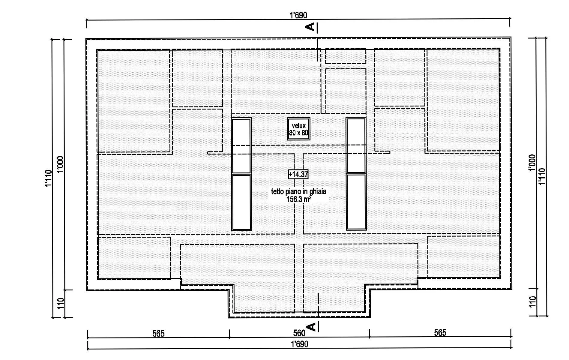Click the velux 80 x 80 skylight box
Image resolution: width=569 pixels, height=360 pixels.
point(298,129)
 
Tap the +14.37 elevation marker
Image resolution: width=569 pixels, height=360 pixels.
point(298,174)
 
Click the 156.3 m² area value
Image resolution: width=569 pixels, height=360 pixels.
point(298,199)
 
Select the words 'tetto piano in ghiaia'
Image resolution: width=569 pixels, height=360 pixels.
point(298,191)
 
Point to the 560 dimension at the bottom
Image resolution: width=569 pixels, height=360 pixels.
point(299,333)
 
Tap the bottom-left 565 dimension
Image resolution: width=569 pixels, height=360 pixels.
point(158,334)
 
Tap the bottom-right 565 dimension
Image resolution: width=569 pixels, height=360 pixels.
point(440,332)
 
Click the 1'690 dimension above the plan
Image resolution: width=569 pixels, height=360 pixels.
point(298,15)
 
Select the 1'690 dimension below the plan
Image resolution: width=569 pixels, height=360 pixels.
point(299,344)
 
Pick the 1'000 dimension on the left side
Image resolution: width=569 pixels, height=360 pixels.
point(59,164)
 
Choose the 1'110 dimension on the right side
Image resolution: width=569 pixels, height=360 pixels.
point(542,176)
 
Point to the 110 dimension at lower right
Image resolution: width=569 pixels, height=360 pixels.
point(533,302)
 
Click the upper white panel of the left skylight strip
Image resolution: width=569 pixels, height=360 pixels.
point(241,146)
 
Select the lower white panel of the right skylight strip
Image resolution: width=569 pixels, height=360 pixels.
point(356,202)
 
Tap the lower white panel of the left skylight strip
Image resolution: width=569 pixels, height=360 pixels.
point(241,202)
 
